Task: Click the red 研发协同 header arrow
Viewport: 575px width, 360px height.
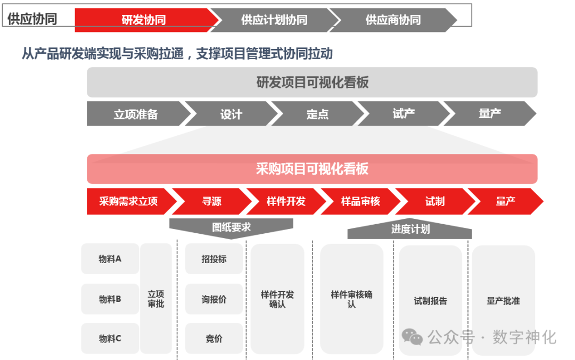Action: pyautogui.click(x=144, y=20)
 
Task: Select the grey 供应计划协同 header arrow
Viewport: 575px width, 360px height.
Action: pyautogui.click(x=274, y=20)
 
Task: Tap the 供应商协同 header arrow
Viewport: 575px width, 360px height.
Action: pyautogui.click(x=393, y=20)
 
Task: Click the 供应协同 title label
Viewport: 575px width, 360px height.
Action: pyautogui.click(x=32, y=19)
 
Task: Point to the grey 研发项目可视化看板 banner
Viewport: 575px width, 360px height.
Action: pyautogui.click(x=312, y=83)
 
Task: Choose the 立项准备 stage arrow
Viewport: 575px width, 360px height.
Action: pyautogui.click(x=136, y=114)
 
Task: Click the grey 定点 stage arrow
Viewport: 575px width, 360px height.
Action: pyautogui.click(x=317, y=114)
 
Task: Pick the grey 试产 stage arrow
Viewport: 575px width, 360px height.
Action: pyautogui.click(x=404, y=113)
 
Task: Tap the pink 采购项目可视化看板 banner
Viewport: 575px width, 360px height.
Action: pyautogui.click(x=312, y=169)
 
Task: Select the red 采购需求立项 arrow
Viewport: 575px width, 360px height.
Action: pyautogui.click(x=128, y=201)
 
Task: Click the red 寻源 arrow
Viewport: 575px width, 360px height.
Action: pyautogui.click(x=211, y=201)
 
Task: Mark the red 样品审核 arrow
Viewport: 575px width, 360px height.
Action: pyautogui.click(x=360, y=201)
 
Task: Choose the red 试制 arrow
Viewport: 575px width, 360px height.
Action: pyautogui.click(x=434, y=201)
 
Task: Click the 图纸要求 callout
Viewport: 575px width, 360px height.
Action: pyautogui.click(x=231, y=227)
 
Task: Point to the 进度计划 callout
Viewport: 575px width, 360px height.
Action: pyautogui.click(x=410, y=230)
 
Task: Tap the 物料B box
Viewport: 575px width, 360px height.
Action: pyautogui.click(x=110, y=299)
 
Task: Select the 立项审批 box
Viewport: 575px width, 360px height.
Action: pyautogui.click(x=156, y=299)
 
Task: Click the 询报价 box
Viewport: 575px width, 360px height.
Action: pyautogui.click(x=214, y=299)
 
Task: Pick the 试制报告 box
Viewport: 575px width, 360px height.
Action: pyautogui.click(x=430, y=301)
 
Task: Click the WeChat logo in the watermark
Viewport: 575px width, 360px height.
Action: pyautogui.click(x=412, y=337)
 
